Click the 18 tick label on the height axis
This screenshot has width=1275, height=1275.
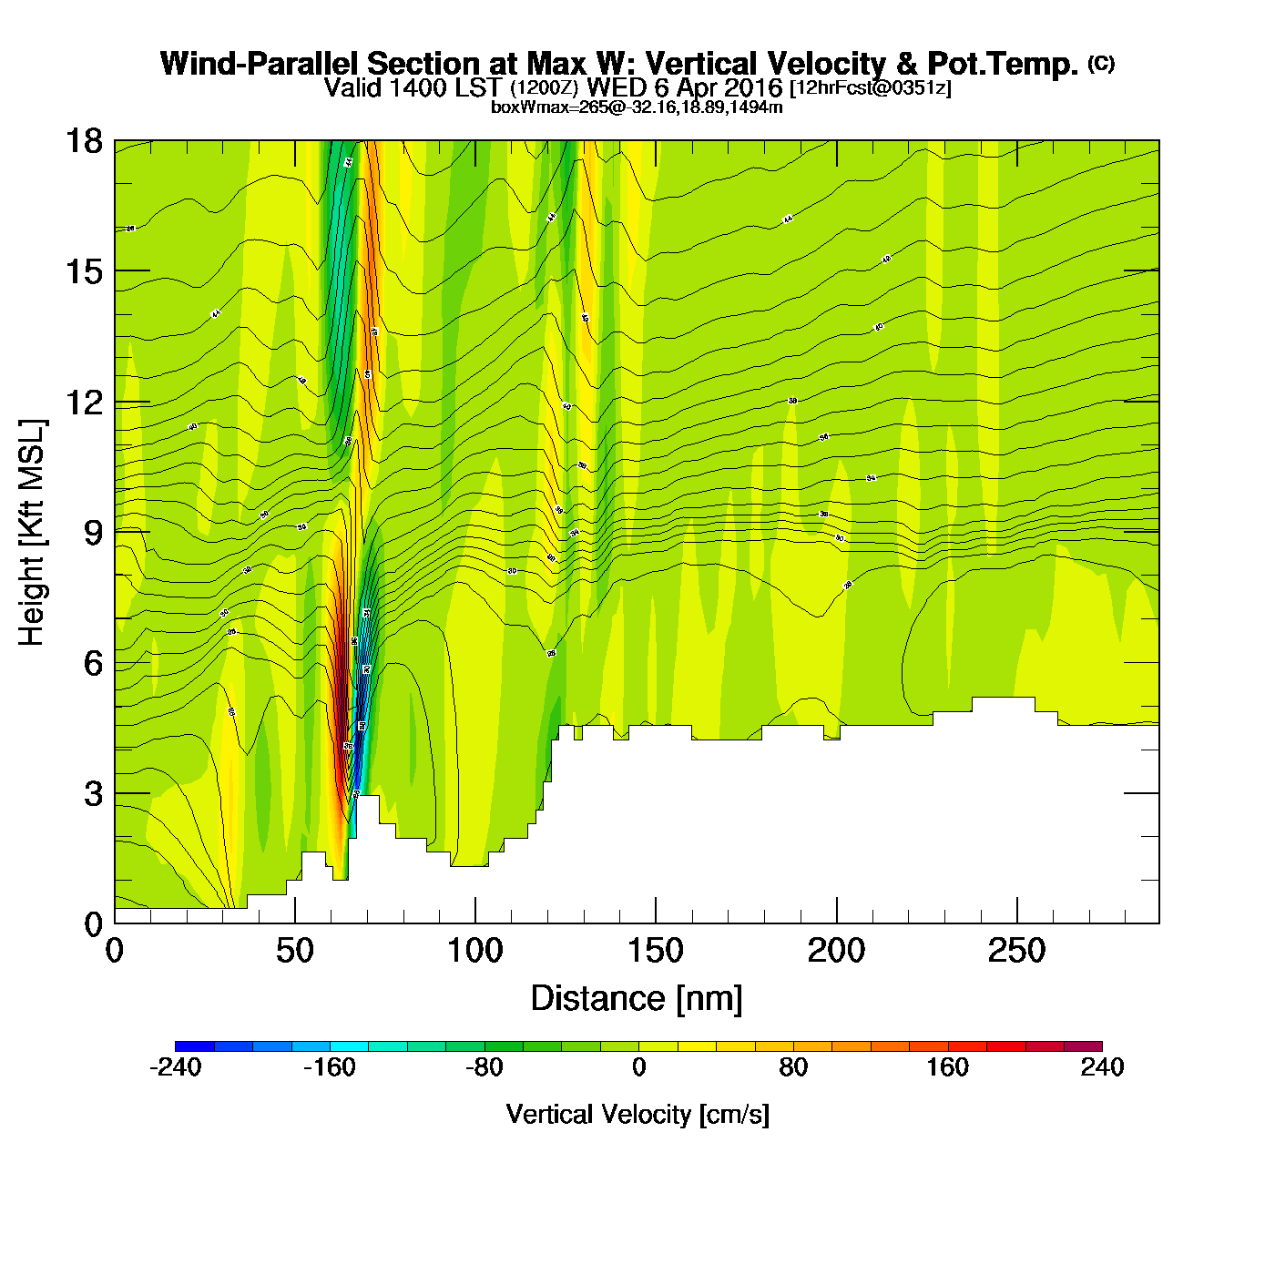click(83, 141)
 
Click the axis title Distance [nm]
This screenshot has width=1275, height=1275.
click(637, 999)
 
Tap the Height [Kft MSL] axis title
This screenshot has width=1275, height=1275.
click(32, 533)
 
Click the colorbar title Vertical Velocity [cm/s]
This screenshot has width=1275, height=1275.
click(637, 1115)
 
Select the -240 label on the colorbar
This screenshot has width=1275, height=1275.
click(175, 1067)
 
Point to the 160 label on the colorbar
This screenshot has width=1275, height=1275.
click(947, 1067)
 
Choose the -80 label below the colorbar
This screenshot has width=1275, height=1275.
click(484, 1067)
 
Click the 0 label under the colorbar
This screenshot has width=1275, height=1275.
click(638, 1067)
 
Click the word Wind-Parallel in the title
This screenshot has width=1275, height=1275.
click(260, 64)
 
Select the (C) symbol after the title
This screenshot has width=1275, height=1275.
click(1100, 63)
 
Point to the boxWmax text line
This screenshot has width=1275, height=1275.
click(637, 107)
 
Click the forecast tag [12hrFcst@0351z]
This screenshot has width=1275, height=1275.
click(870, 88)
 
